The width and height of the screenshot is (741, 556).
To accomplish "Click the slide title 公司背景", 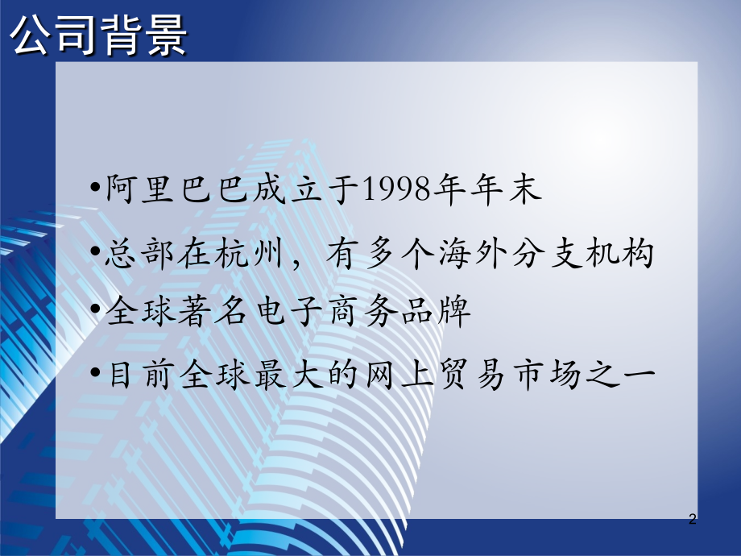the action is [x=98, y=35].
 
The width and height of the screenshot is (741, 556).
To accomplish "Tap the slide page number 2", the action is [x=693, y=519].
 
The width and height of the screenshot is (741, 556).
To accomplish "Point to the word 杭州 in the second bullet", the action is [x=249, y=253].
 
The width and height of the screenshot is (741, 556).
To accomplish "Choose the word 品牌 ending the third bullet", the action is [x=436, y=312].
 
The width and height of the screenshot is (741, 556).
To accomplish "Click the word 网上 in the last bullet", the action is [x=399, y=375].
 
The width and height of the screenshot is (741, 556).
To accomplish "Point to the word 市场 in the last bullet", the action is [x=549, y=375].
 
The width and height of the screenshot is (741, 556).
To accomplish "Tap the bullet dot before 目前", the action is [x=96, y=372].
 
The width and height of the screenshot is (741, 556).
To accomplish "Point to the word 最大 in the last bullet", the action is [x=289, y=375].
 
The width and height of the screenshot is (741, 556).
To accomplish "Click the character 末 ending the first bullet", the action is [x=525, y=189].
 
